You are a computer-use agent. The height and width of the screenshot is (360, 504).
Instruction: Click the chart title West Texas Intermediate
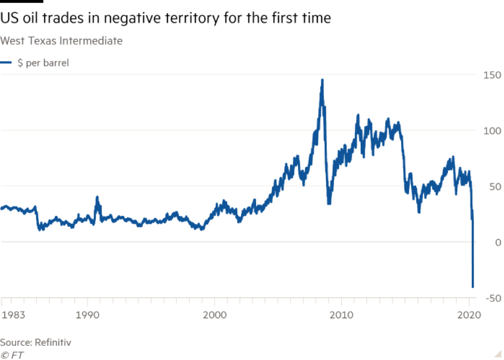click(x=61, y=41)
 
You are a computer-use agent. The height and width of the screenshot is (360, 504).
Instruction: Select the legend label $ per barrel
click(x=43, y=63)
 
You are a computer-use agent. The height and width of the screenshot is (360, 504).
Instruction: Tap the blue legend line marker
click(x=6, y=62)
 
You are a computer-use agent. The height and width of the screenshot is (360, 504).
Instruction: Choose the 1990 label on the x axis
click(x=88, y=315)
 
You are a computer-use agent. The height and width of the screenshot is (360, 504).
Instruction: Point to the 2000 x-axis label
click(x=215, y=315)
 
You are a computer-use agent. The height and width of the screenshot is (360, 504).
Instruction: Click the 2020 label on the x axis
click(x=469, y=315)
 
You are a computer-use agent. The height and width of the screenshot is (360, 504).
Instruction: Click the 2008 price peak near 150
click(x=322, y=80)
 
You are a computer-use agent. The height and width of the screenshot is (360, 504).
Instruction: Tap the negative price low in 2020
click(x=473, y=287)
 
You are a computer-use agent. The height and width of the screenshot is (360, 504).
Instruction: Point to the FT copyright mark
click(x=12, y=354)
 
